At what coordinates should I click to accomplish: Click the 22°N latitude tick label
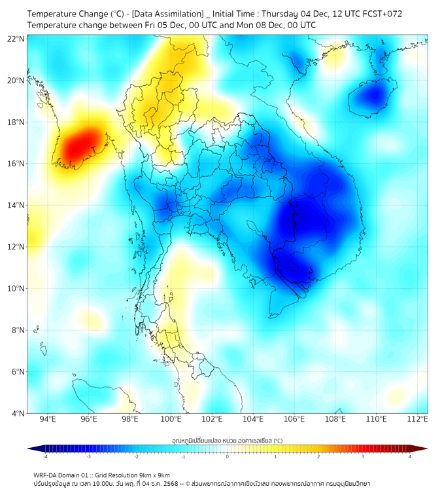[16, 39]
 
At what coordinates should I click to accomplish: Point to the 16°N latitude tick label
[16, 164]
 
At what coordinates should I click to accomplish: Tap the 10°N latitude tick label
[16, 289]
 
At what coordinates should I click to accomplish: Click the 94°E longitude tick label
[48, 419]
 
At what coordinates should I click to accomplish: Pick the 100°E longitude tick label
[171, 419]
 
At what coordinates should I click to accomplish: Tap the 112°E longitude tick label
[418, 419]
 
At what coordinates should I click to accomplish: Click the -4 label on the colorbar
[44, 456]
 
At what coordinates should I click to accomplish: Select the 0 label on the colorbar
[228, 456]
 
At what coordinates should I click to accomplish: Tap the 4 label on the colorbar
[410, 456]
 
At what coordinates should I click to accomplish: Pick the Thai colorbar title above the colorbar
[227, 441]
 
